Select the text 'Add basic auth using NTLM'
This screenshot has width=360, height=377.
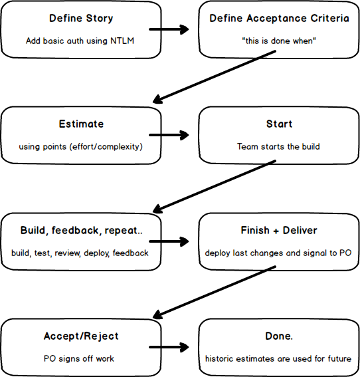tap(80, 41)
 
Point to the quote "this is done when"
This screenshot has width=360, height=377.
tap(278, 41)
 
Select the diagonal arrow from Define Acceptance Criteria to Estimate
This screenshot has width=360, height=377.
tap(215, 77)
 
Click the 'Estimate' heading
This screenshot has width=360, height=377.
tap(80, 124)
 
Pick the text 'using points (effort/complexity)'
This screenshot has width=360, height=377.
tap(80, 146)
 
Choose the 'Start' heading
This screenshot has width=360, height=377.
tap(278, 124)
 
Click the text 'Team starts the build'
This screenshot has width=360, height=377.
tap(278, 146)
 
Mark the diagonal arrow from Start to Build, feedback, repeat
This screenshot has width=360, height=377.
tap(215, 184)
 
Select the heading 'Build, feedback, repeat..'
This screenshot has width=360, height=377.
tap(80, 230)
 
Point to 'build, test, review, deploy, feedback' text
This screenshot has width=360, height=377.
tap(80, 253)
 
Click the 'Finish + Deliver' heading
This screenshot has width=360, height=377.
tap(278, 230)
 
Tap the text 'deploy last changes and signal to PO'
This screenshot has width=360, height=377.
tap(278, 253)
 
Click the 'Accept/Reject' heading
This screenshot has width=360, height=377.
tap(80, 336)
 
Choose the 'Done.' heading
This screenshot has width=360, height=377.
tap(278, 336)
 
